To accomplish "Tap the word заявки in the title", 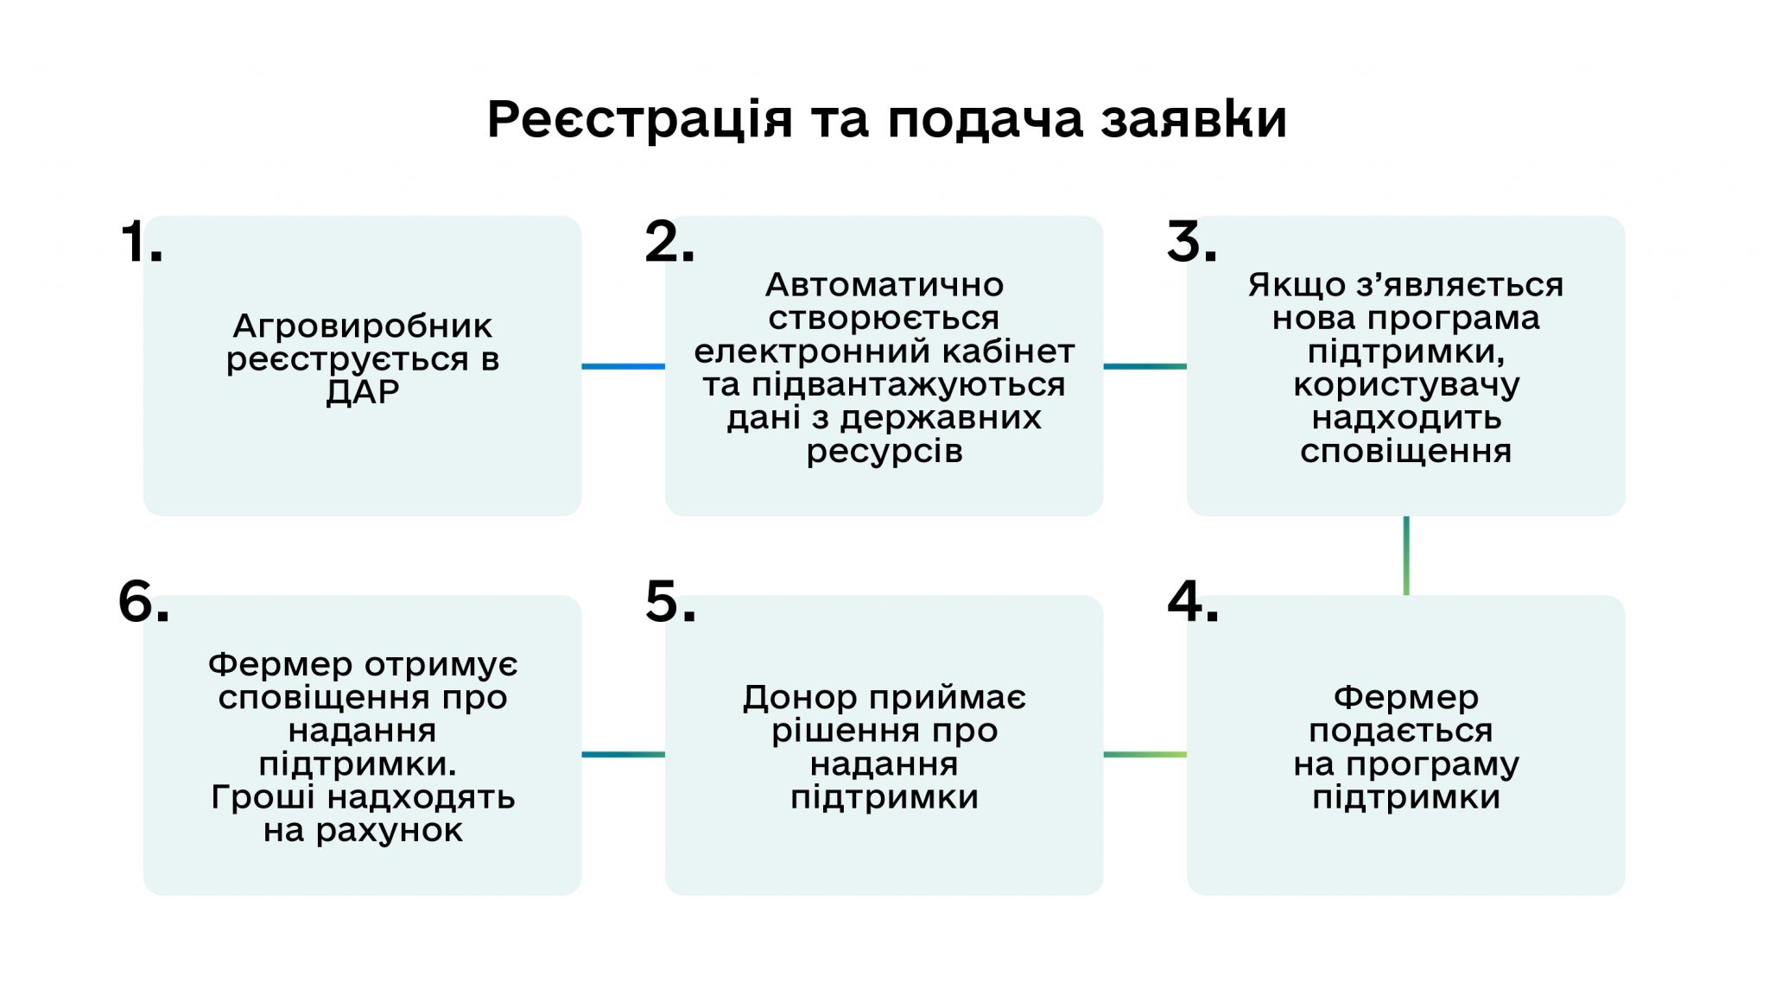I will click(x=1194, y=119).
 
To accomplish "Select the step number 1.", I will click(x=141, y=242).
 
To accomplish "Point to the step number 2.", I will click(x=669, y=242).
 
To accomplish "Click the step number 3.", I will click(x=1191, y=242).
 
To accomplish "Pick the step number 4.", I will click(x=1193, y=602).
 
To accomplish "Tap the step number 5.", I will click(x=670, y=602).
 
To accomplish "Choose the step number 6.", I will click(x=143, y=602).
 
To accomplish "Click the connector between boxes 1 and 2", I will click(x=623, y=366).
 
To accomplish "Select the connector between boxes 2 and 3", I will click(x=1144, y=366).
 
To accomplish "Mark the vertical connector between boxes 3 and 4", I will click(x=1406, y=555).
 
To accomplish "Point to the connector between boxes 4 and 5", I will click(x=1144, y=755).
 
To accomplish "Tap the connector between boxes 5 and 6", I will click(x=623, y=755).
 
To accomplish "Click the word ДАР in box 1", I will click(x=363, y=393).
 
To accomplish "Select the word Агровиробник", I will click(x=363, y=327).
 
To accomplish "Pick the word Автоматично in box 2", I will click(x=884, y=285).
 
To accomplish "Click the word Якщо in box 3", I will click(x=1289, y=285).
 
